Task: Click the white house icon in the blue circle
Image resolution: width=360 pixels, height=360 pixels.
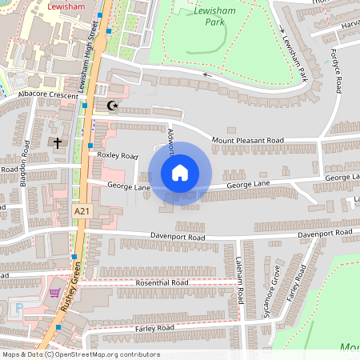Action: [180, 173]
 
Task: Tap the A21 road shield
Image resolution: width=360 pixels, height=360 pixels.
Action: [81, 210]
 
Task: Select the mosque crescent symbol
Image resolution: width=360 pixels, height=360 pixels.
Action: [111, 106]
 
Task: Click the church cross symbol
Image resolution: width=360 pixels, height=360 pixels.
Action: [58, 144]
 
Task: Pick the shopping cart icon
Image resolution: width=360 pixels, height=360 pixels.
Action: [54, 293]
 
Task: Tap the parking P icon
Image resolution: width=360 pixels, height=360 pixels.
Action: [18, 308]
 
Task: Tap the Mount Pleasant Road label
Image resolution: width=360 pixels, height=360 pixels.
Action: [248, 141]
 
